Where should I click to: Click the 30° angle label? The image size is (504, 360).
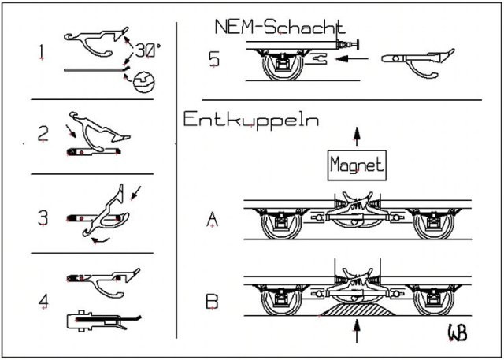point(146,48)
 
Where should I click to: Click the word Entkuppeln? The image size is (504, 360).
point(250,121)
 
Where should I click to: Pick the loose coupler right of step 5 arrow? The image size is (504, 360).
point(417,58)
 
